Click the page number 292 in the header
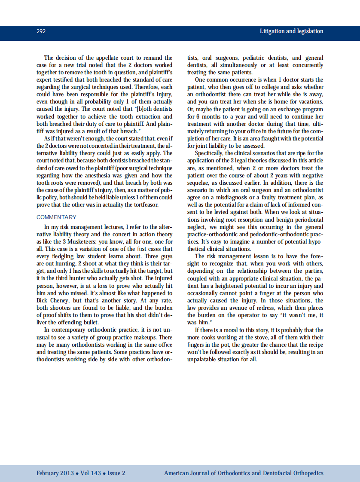point(41,31)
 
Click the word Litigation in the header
point(274,31)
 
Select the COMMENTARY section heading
point(56,217)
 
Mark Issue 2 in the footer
point(116,473)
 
